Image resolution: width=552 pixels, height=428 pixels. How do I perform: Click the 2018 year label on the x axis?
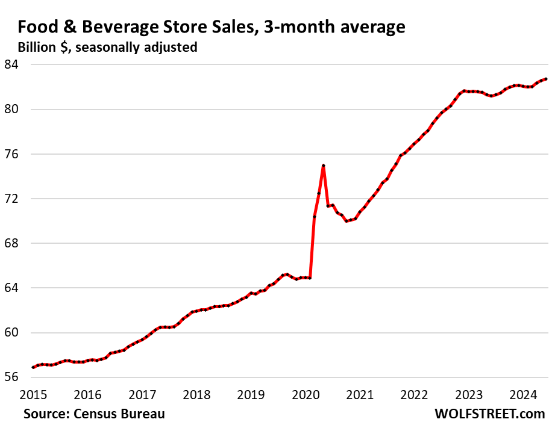pyautogui.click(x=197, y=395)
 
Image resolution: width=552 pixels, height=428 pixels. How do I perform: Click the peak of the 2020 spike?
pyautogui.click(x=324, y=166)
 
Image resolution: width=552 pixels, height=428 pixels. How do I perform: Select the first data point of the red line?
pyautogui.click(x=33, y=367)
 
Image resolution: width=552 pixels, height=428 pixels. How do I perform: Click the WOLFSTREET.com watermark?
pyautogui.click(x=489, y=414)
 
